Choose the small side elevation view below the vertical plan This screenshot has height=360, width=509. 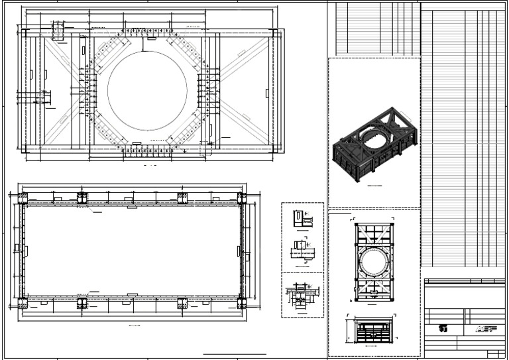[374, 329]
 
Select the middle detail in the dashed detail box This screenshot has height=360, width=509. [302, 253]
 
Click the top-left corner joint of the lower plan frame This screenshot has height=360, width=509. [23, 199]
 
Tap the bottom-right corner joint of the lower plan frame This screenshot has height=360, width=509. [241, 303]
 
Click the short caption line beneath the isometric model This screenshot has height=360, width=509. [375, 186]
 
